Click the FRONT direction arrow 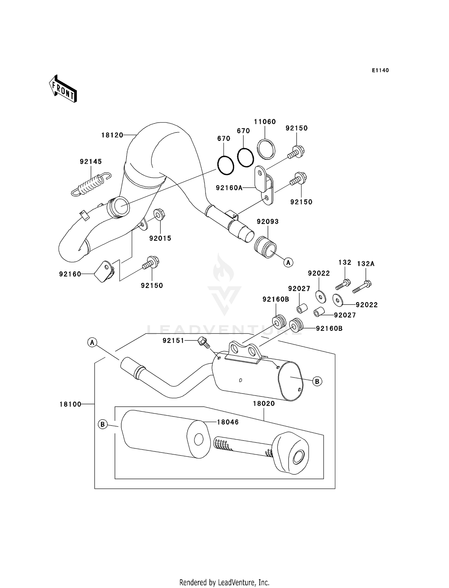tap(63, 89)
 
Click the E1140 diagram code tap(380, 70)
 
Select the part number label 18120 tap(112, 135)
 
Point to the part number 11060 tap(265, 122)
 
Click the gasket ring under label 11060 tap(266, 149)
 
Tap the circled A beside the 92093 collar tap(288, 263)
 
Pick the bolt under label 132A tap(362, 287)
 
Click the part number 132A tap(365, 264)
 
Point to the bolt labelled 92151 tap(203, 342)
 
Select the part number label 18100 tap(70, 404)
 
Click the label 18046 tap(228, 422)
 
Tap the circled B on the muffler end tap(317, 382)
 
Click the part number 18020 tap(264, 404)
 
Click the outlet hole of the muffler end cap tap(298, 458)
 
